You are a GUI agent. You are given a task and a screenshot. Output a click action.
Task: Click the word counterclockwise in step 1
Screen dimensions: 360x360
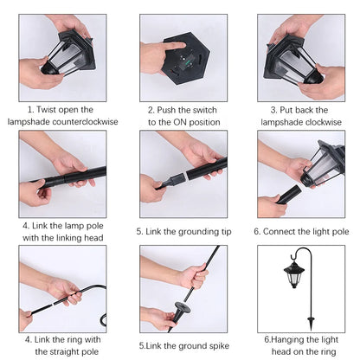click(85, 122)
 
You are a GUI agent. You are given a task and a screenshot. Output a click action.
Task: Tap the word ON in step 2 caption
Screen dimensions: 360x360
click(180, 122)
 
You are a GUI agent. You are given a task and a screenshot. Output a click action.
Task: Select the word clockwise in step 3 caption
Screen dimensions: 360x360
click(324, 122)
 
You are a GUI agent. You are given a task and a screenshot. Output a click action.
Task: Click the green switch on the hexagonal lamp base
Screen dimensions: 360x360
click(188, 61)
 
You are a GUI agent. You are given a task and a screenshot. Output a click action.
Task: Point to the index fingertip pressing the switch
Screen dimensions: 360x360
click(183, 45)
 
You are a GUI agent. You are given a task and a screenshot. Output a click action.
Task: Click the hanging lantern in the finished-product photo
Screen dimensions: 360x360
click(294, 275)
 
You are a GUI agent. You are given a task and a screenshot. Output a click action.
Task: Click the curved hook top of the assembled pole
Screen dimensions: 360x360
click(302, 250)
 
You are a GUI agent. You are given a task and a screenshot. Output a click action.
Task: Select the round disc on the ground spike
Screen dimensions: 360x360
click(182, 307)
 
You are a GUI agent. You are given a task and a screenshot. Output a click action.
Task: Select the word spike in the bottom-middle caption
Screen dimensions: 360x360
click(219, 346)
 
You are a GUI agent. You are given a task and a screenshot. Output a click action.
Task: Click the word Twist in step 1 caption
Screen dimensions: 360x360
click(47, 110)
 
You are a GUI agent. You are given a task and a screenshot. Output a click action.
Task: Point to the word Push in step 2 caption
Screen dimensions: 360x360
click(166, 110)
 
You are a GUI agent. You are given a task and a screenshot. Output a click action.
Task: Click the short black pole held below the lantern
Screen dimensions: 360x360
click(288, 195)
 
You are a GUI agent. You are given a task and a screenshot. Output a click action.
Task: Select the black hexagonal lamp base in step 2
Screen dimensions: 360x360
click(185, 59)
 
